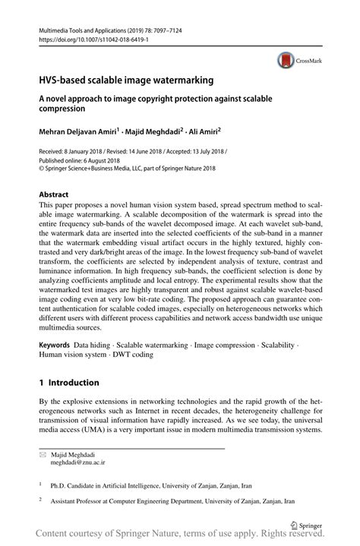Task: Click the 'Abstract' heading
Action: point(58,194)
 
